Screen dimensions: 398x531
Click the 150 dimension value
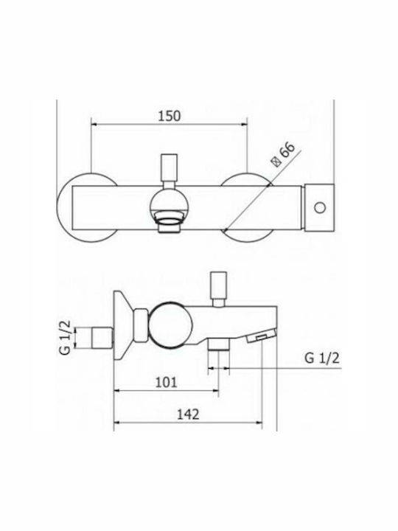click(x=170, y=116)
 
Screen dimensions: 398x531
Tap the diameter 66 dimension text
click(x=284, y=154)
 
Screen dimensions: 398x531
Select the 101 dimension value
click(x=166, y=382)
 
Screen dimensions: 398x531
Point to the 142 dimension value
click(x=188, y=414)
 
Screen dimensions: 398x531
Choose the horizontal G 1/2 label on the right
click(x=322, y=358)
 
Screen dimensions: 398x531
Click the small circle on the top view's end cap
click(x=320, y=207)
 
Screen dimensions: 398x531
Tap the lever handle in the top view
click(x=170, y=168)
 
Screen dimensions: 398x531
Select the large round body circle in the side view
click(x=170, y=328)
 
